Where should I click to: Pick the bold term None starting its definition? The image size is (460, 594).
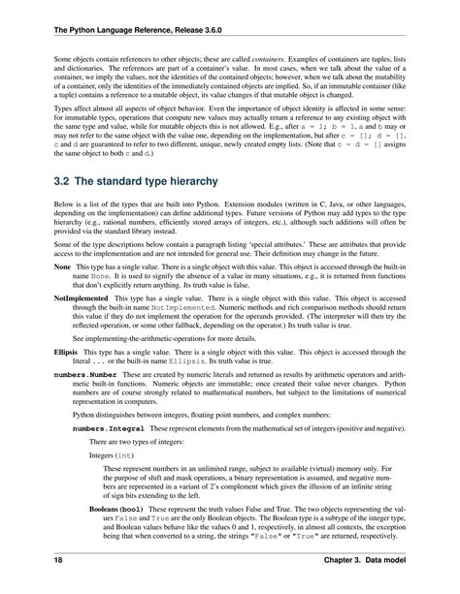pos(33,266)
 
